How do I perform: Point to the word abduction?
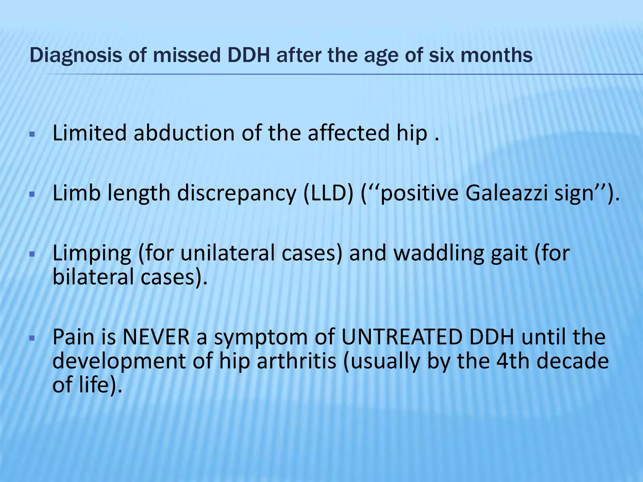click(184, 133)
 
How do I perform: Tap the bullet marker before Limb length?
click(31, 195)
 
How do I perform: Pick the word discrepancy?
click(237, 194)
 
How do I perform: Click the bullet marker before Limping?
click(31, 254)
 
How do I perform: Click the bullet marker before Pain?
click(31, 338)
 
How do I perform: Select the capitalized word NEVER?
click(156, 337)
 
